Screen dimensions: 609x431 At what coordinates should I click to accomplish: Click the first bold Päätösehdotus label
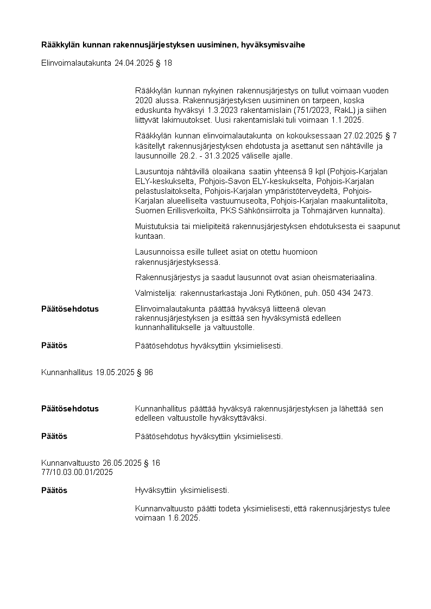pos(70,308)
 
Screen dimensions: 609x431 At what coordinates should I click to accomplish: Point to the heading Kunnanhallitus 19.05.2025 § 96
pos(97,372)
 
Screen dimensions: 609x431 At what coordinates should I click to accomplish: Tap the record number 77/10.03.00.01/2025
pos(77,472)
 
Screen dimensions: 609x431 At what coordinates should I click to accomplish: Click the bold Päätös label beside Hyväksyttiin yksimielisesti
pos(54,490)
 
